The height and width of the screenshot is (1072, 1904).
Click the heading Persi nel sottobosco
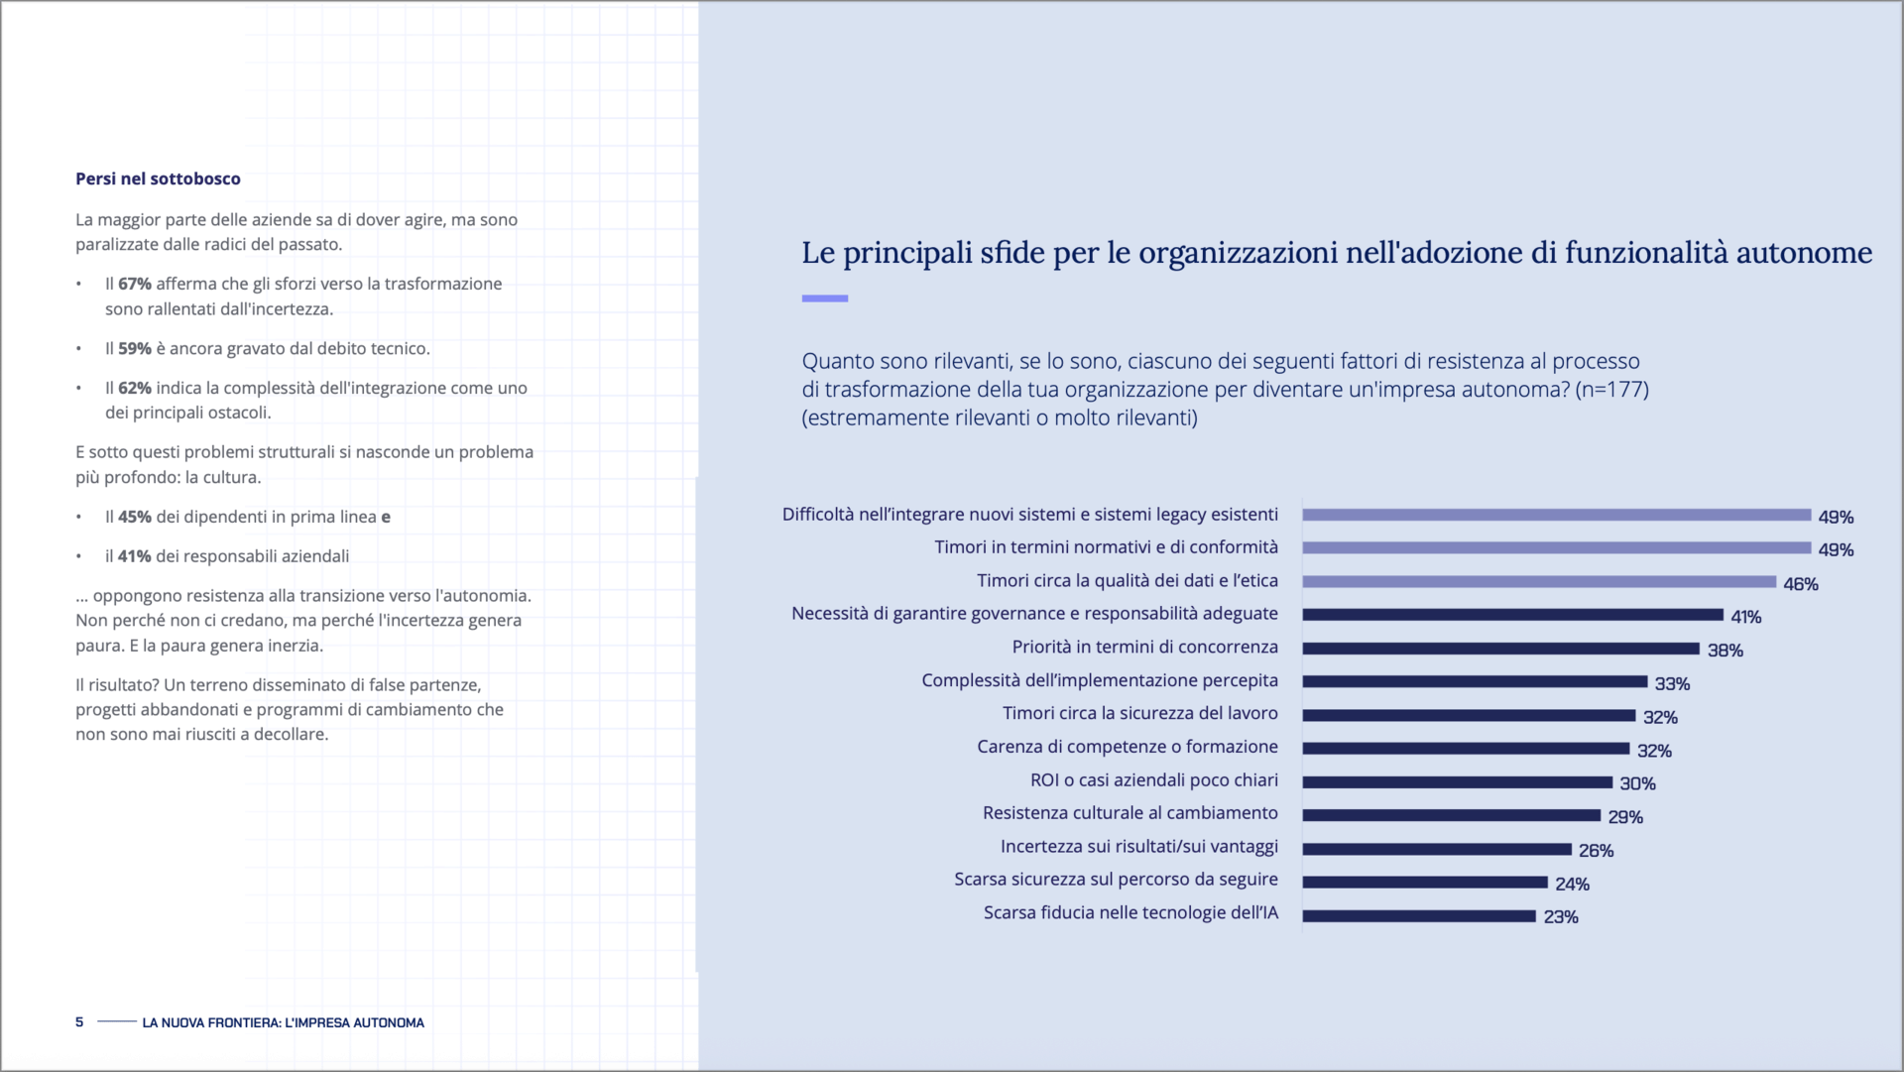coord(158,179)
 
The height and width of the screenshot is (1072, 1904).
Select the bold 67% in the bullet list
coord(135,284)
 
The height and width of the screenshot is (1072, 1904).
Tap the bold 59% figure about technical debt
coord(135,349)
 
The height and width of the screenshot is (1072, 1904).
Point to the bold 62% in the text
coord(135,388)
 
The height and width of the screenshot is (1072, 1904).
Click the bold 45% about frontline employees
coord(135,517)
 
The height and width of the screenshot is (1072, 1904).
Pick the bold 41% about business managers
coord(135,556)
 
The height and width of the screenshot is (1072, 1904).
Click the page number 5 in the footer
coord(79,1021)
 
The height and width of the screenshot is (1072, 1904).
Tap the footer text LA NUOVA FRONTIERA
coord(283,1022)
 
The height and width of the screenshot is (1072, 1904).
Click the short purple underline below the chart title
coord(824,298)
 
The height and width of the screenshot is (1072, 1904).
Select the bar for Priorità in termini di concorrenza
coord(1499,649)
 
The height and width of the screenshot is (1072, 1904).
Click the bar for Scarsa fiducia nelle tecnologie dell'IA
coord(1418,916)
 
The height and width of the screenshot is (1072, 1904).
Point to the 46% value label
coord(1800,584)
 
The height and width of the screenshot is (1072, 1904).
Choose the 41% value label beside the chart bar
coord(1745,617)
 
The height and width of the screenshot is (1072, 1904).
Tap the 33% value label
coord(1672,684)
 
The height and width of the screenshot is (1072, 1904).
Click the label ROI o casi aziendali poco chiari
coord(1153,780)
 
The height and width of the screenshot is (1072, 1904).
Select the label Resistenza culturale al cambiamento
coord(1130,813)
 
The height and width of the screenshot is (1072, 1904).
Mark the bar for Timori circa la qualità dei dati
coord(1538,582)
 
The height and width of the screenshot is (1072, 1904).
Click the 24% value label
coord(1572,884)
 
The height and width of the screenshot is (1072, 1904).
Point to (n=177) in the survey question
coord(1611,390)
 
